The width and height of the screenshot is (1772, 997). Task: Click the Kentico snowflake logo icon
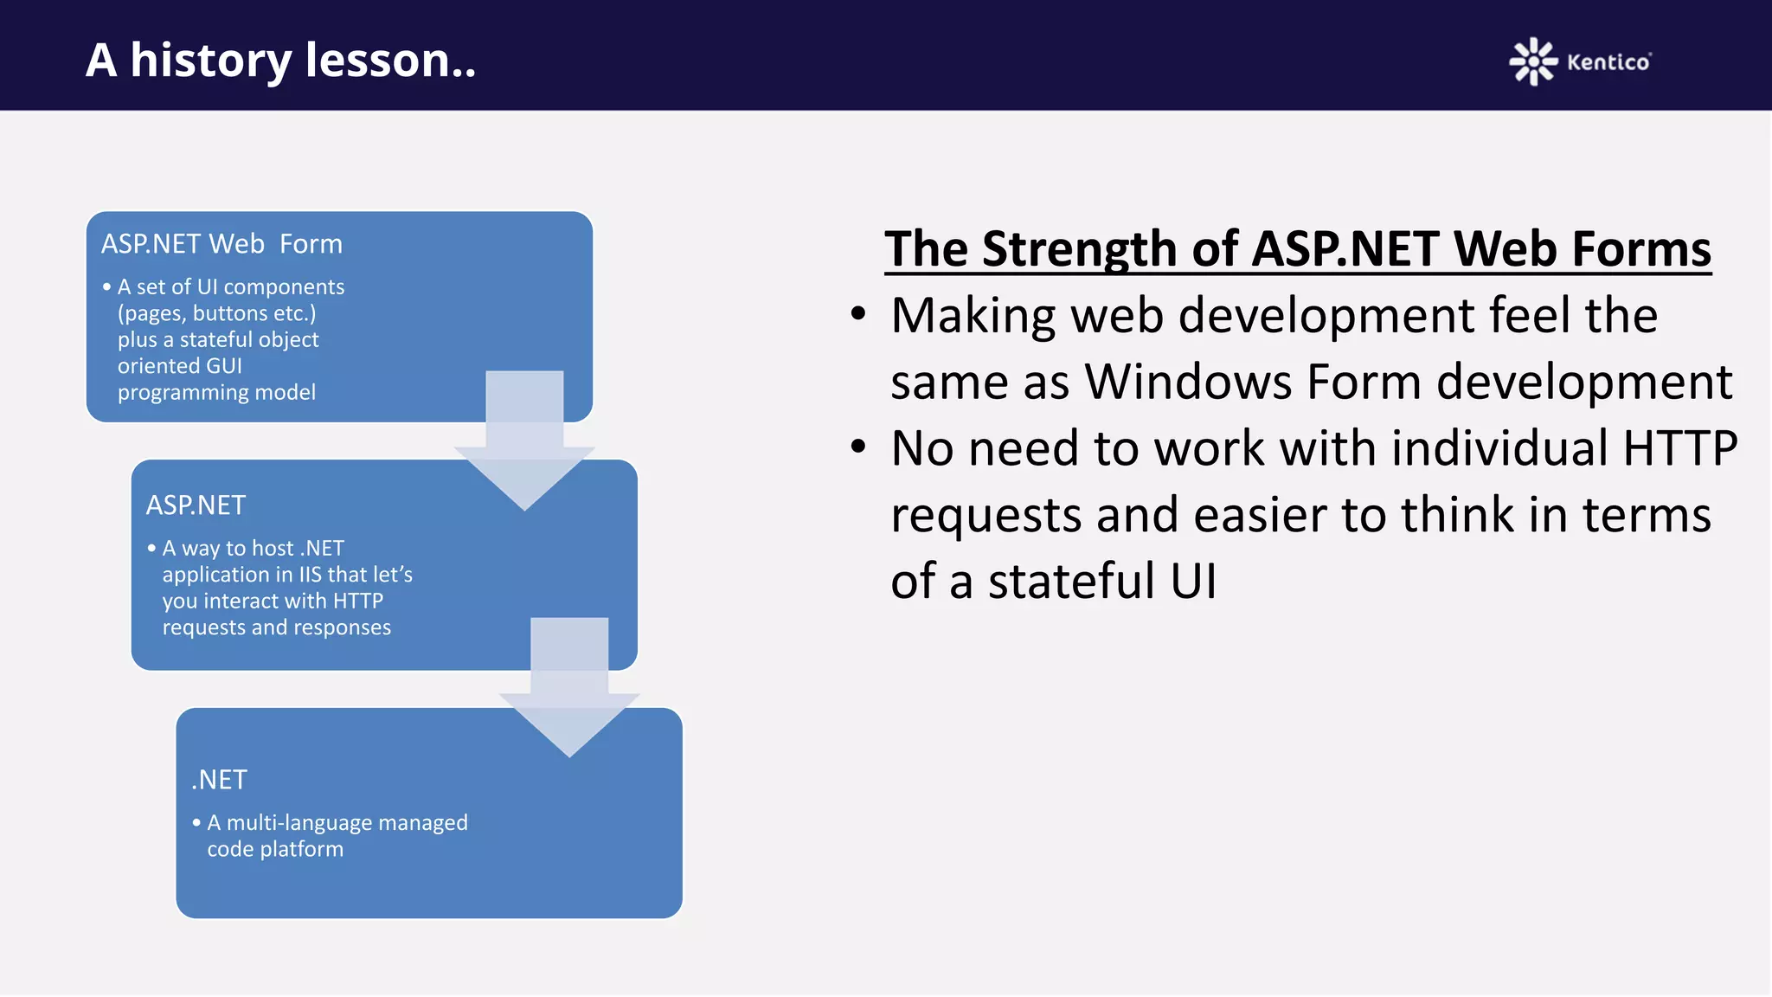[1532, 61]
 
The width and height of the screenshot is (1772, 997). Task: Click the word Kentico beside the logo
[1608, 62]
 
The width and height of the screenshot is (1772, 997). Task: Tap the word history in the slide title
[211, 61]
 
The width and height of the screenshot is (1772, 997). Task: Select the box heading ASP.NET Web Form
[221, 244]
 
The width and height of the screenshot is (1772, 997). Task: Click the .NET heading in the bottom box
[220, 780]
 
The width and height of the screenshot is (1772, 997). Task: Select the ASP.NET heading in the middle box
[196, 505]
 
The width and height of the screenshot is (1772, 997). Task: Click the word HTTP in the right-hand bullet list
[1679, 448]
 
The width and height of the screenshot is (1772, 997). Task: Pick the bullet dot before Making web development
[857, 314]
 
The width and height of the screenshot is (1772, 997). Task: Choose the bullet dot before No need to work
[857, 447]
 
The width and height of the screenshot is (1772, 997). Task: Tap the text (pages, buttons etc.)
[216, 313]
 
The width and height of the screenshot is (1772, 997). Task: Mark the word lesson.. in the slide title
[390, 61]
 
